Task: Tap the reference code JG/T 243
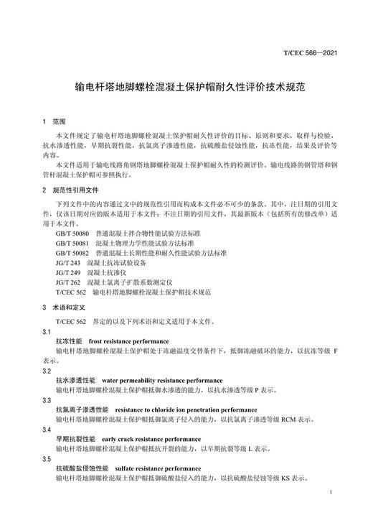point(67,263)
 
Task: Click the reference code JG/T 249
point(67,273)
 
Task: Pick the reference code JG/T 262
point(67,282)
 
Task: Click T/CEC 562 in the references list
point(69,292)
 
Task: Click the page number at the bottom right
point(329,494)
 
